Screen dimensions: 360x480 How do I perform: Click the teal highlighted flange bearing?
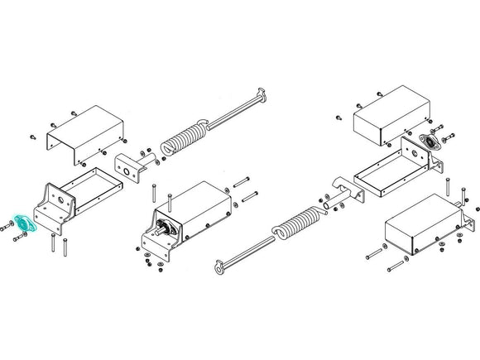(24, 223)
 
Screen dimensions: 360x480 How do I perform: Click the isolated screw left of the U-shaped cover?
(31, 136)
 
